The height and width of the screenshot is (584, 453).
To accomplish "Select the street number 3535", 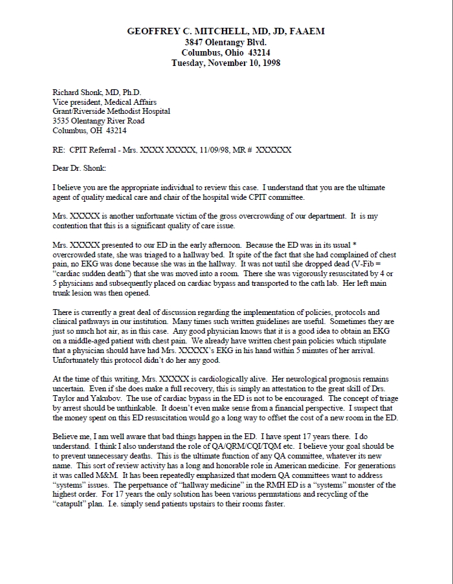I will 62,121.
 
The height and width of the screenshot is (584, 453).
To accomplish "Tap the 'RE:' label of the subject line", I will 60,150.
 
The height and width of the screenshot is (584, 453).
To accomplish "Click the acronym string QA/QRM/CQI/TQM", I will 243,447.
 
